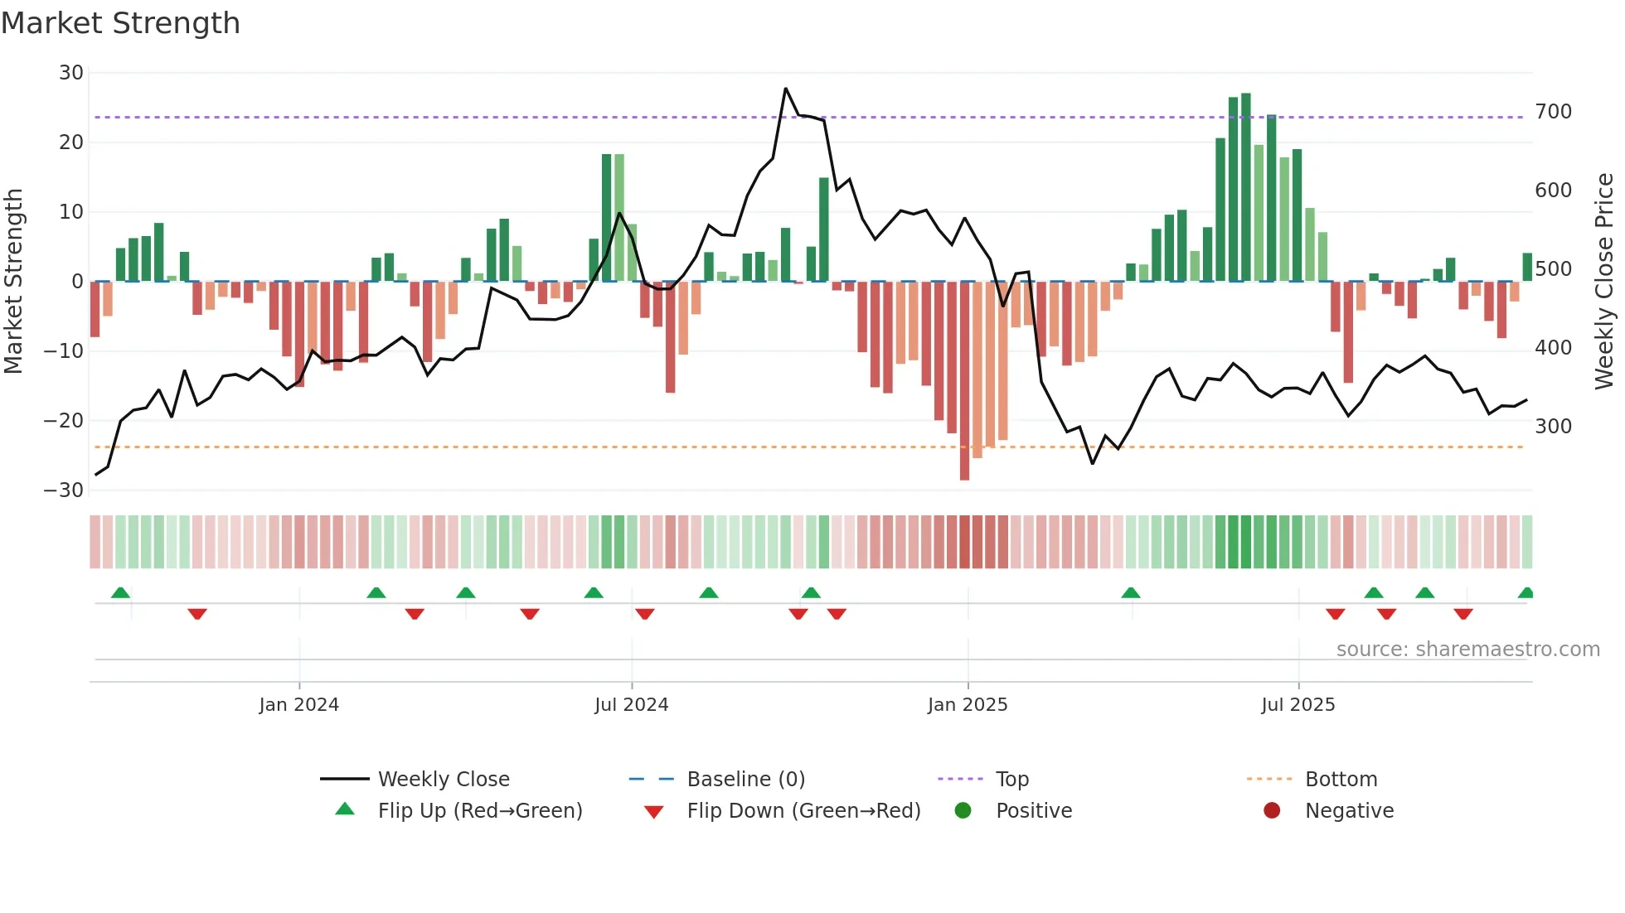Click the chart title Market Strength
(120, 23)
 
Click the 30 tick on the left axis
(70, 73)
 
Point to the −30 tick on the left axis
(64, 490)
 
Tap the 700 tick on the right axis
(1553, 112)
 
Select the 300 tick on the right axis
(1553, 427)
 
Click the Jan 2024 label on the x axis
(298, 705)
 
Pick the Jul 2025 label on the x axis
(1298, 705)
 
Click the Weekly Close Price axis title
(1603, 282)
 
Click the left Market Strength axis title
(14, 282)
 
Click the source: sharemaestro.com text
(1467, 650)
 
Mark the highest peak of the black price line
(785, 89)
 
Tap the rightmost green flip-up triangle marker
(1526, 593)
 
